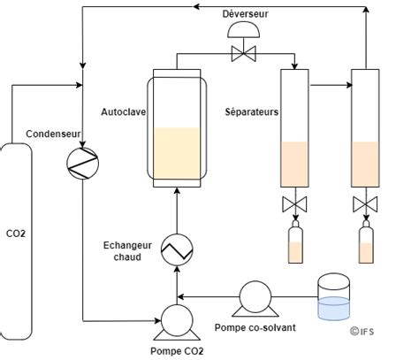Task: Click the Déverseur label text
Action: (x=245, y=14)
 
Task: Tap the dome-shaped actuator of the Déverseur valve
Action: (x=244, y=30)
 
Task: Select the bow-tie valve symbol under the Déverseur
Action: (x=244, y=54)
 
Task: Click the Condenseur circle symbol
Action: (x=83, y=164)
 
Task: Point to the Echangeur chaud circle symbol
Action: (x=177, y=249)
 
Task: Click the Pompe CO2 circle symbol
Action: (x=177, y=320)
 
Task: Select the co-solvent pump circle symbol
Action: (x=255, y=297)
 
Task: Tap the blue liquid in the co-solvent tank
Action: (x=334, y=309)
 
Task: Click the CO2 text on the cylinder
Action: (x=16, y=234)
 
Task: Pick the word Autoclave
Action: (x=124, y=112)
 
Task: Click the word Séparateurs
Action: (x=252, y=112)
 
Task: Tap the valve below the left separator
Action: (x=294, y=204)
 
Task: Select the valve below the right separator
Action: (x=365, y=204)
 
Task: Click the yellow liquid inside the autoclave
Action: (x=177, y=153)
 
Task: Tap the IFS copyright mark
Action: (x=362, y=332)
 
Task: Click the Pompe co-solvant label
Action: (x=255, y=327)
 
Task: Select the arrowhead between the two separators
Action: (x=350, y=85)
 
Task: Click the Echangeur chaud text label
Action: (x=127, y=251)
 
